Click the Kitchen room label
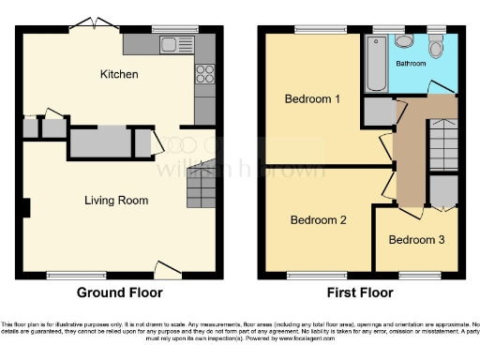[x=119, y=73]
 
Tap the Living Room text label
[x=116, y=200]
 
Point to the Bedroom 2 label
[x=318, y=220]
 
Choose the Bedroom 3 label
[x=417, y=239]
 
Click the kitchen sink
[x=174, y=44]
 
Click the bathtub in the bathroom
[x=377, y=64]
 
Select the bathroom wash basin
[x=405, y=40]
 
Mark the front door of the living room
[x=169, y=271]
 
